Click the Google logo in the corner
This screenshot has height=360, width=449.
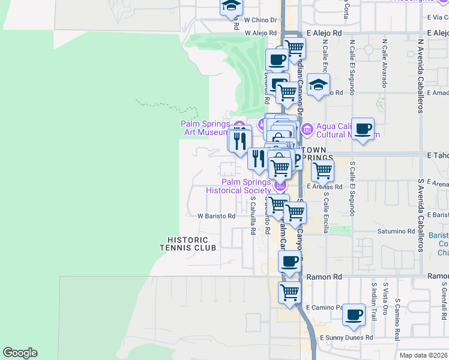tap(20, 353)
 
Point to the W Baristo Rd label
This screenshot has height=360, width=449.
tap(216, 216)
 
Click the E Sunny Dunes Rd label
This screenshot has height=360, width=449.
tap(346, 338)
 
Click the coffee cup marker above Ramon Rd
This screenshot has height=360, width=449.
tap(290, 262)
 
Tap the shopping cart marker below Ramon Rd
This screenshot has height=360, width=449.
tap(289, 293)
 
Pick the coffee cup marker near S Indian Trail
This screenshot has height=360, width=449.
tap(354, 314)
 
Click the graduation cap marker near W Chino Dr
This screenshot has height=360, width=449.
tap(230, 7)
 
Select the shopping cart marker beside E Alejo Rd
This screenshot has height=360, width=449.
tap(294, 48)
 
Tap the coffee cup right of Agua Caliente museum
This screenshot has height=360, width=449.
tap(363, 129)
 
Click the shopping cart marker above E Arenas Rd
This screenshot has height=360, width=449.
tap(322, 171)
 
